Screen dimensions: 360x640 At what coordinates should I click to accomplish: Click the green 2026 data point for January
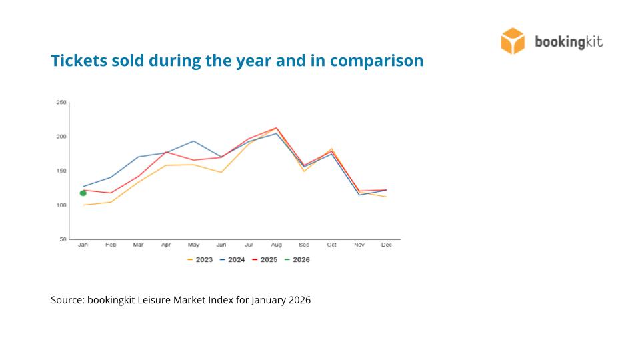pos(83,193)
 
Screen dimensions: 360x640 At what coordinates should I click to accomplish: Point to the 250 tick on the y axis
pos(61,103)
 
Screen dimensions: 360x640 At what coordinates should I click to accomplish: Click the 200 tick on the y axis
pos(61,137)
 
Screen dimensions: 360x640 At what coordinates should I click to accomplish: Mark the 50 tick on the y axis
pos(63,239)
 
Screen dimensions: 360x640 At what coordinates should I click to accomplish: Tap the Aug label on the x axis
pos(276,245)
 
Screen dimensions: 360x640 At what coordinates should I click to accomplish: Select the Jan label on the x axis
pos(83,245)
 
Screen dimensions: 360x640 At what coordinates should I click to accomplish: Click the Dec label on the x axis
pos(387,245)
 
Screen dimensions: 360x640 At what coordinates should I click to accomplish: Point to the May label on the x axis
pos(193,245)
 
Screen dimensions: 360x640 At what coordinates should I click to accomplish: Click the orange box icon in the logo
pos(513,41)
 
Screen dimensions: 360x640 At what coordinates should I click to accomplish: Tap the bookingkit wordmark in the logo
pos(569,42)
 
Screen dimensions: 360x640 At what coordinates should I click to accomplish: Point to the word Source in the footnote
pos(67,300)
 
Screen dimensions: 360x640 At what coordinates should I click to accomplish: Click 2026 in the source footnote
pos(299,300)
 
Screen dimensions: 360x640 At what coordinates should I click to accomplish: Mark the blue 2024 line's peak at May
pos(193,141)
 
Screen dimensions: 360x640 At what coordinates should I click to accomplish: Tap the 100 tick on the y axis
pos(61,205)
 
